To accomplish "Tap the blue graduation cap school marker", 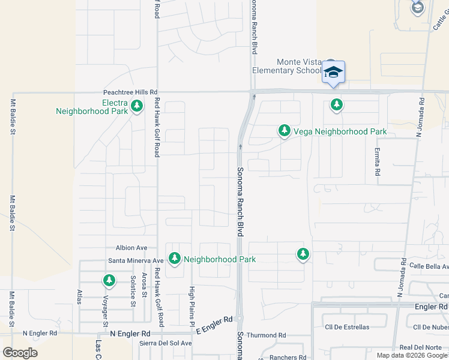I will (x=333, y=73).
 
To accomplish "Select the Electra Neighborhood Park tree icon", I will (x=137, y=107).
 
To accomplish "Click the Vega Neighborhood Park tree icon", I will (x=283, y=131).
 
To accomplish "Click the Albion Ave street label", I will (x=131, y=248).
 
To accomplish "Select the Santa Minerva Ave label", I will (x=136, y=260).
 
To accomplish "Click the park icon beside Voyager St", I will (x=109, y=280).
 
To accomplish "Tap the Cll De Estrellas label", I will (x=347, y=327).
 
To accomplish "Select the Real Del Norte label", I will (x=421, y=347).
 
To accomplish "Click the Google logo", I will (x=20, y=353).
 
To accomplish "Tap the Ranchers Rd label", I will (x=279, y=358).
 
